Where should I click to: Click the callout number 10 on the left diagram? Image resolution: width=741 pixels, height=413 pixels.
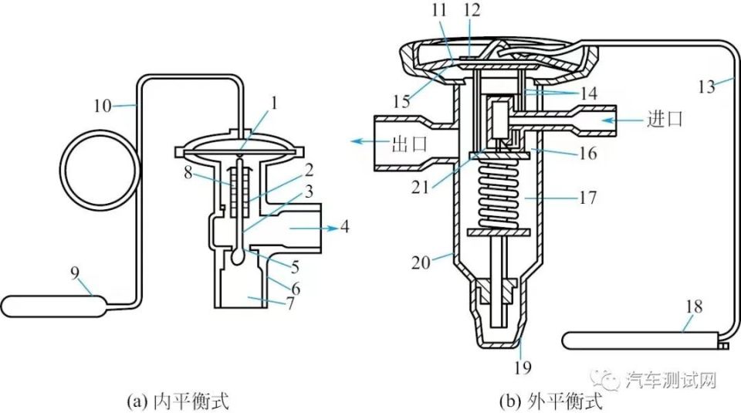click(102, 106)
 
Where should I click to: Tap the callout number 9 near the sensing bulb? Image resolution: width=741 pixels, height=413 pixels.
click(75, 274)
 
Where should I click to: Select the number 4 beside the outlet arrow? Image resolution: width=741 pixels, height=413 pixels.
click(346, 227)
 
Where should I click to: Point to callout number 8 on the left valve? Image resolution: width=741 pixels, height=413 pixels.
click(188, 174)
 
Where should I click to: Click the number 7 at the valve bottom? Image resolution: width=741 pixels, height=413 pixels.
click(290, 303)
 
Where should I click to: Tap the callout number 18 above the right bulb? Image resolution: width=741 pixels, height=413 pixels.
click(694, 306)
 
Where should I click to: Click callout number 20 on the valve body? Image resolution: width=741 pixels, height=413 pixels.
click(421, 262)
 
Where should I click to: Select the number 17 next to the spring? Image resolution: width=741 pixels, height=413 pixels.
click(588, 197)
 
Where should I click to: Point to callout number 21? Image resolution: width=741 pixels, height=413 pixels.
click(420, 188)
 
